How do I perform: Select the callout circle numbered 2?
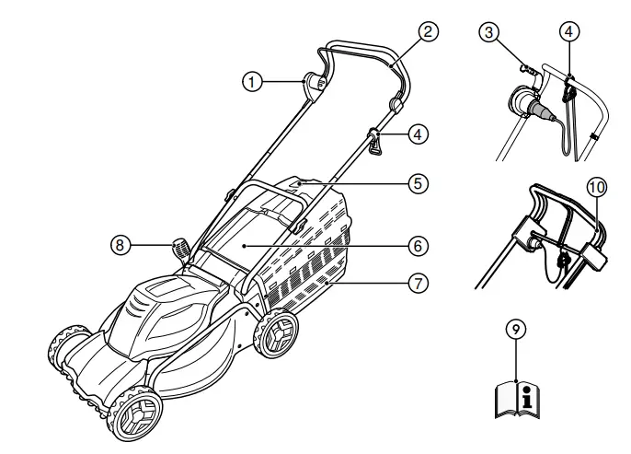pyautogui.click(x=425, y=30)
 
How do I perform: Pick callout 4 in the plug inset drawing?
pyautogui.click(x=569, y=30)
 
